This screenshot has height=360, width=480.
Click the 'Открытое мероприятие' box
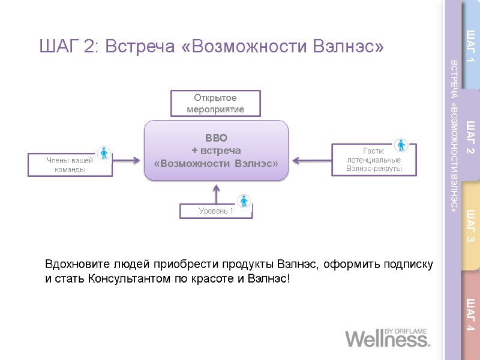pyautogui.click(x=216, y=103)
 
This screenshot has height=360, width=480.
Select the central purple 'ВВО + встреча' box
pyautogui.click(x=216, y=150)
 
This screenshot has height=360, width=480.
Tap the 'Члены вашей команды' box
pyautogui.click(x=70, y=164)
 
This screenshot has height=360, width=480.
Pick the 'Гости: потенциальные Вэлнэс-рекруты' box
pyautogui.click(x=374, y=160)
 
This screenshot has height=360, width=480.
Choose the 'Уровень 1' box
pyautogui.click(x=216, y=211)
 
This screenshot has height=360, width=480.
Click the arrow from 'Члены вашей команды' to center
pyautogui.click(x=127, y=160)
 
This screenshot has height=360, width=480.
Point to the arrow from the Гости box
pyautogui.click(x=311, y=160)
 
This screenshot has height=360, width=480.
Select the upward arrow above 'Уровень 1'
pyautogui.click(x=217, y=193)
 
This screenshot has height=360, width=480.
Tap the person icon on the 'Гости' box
pyautogui.click(x=401, y=145)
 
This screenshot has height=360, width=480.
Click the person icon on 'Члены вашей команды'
pyautogui.click(x=104, y=153)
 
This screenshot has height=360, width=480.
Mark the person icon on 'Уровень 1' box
pyautogui.click(x=244, y=202)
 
